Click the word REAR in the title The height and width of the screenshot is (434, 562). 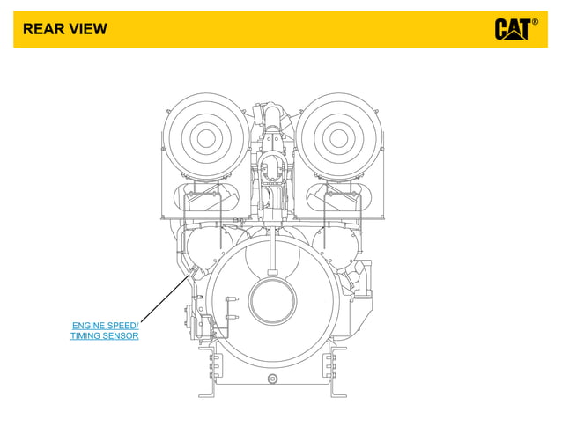tap(41, 29)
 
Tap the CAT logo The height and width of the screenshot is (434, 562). tap(512, 29)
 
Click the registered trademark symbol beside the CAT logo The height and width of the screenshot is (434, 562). tap(535, 21)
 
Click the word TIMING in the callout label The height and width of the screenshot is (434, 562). tap(86, 336)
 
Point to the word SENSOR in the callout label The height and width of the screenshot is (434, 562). tap(122, 336)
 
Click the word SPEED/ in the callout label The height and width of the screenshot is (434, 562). tap(126, 326)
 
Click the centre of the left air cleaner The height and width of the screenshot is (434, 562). tap(206, 137)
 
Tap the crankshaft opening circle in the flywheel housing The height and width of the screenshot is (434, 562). tap(276, 300)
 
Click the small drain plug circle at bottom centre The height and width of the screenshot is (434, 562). tap(272, 378)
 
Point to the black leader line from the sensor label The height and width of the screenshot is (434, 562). tap(163, 301)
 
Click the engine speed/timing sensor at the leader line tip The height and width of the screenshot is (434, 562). tap(190, 276)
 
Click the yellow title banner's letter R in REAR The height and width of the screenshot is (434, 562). tap(27, 29)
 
